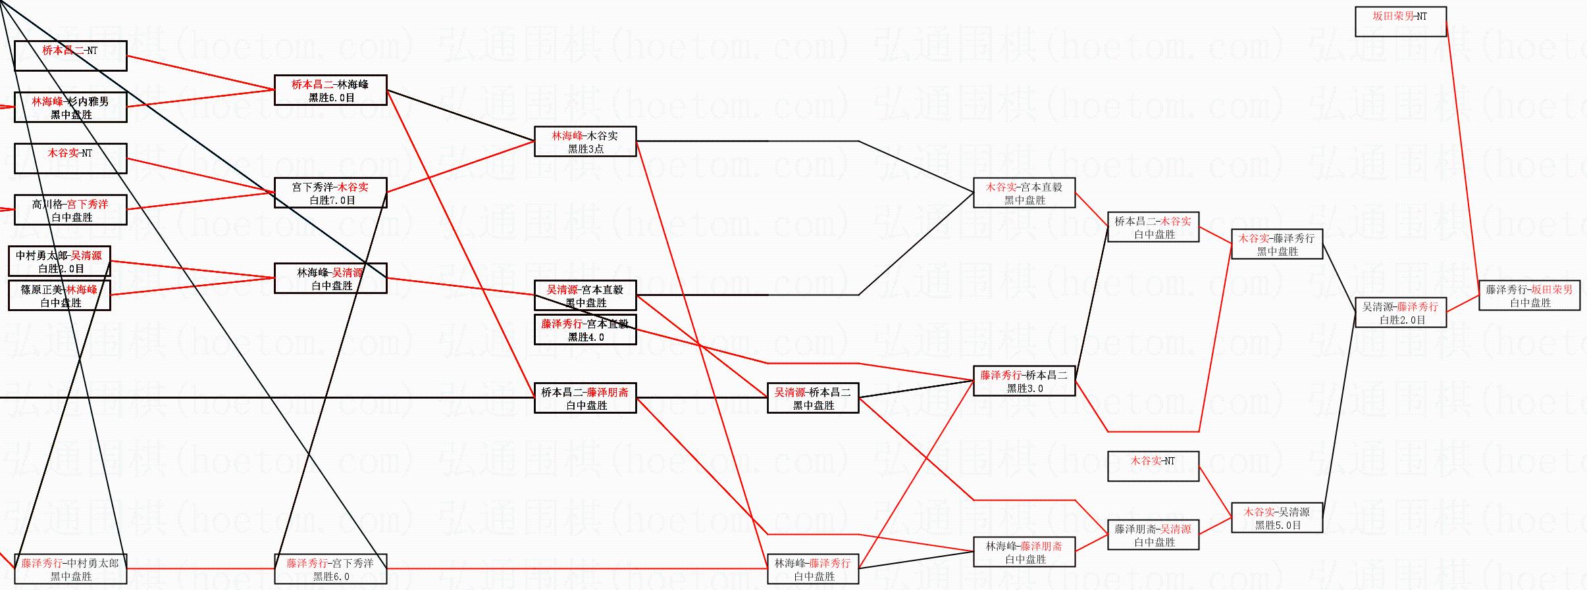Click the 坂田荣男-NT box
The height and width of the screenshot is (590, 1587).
pos(1400,21)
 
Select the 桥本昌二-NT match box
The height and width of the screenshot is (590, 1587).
pos(70,55)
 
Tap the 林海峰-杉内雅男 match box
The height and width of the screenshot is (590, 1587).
pos(70,107)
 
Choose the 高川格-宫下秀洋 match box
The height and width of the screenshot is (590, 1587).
pos(70,210)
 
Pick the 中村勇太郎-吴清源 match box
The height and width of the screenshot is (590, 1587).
pos(59,261)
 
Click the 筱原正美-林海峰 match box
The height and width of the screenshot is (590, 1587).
pos(59,295)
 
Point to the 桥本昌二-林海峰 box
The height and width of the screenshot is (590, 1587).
pos(330,90)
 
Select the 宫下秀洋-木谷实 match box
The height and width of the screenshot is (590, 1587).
pos(330,193)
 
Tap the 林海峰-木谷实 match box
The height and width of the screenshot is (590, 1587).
pos(585,141)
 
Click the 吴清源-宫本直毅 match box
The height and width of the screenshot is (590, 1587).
pos(585,295)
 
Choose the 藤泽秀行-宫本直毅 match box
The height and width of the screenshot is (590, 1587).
pos(585,330)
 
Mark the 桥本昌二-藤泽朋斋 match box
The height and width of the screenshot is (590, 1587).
pos(585,398)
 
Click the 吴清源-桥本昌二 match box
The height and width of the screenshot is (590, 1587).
pos(813,398)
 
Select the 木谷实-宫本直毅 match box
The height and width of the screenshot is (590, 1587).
pos(1024,193)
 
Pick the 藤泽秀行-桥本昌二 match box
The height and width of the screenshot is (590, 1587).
pos(1024,381)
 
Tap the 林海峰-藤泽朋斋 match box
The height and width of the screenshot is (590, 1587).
pos(1024,552)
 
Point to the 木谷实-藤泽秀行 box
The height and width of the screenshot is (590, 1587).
pos(1277,244)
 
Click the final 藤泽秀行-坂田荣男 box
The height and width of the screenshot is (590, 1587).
pos(1530,295)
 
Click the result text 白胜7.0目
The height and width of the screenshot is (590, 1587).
pos(332,200)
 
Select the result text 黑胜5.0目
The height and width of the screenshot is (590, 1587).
pos(1278,525)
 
